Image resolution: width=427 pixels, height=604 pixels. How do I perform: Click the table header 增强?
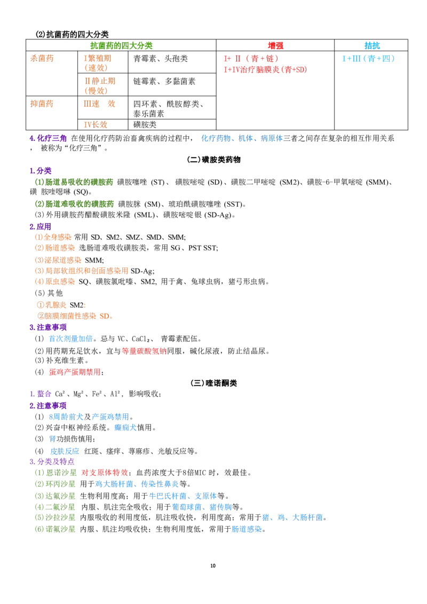(x=275, y=45)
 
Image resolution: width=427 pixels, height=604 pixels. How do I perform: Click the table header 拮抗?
(x=372, y=45)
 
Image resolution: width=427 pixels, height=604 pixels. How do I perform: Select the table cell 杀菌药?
(x=42, y=59)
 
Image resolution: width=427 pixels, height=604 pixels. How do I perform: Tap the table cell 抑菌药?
(x=42, y=104)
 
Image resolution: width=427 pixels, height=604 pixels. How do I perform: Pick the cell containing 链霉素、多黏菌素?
(x=164, y=81)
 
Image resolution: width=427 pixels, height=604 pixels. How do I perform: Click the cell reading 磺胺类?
(x=145, y=124)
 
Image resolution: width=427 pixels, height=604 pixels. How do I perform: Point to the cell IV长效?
(x=96, y=124)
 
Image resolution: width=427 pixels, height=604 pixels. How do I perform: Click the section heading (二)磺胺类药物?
(x=213, y=160)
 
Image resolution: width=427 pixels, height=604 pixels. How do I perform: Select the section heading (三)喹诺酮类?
(x=213, y=383)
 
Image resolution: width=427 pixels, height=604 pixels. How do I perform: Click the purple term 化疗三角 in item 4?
(x=52, y=138)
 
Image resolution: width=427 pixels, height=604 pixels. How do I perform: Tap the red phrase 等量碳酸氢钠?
(x=144, y=351)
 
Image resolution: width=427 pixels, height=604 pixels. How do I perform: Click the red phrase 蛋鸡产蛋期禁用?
(x=75, y=372)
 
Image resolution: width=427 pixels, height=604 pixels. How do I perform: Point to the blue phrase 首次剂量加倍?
(x=71, y=339)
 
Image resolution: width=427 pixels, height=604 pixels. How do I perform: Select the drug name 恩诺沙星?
(x=61, y=472)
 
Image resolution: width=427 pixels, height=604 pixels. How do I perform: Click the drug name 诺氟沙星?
(x=60, y=529)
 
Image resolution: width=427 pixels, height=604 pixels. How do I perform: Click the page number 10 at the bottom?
(x=213, y=566)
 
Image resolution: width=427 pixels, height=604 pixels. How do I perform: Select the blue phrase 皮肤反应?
(x=65, y=451)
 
